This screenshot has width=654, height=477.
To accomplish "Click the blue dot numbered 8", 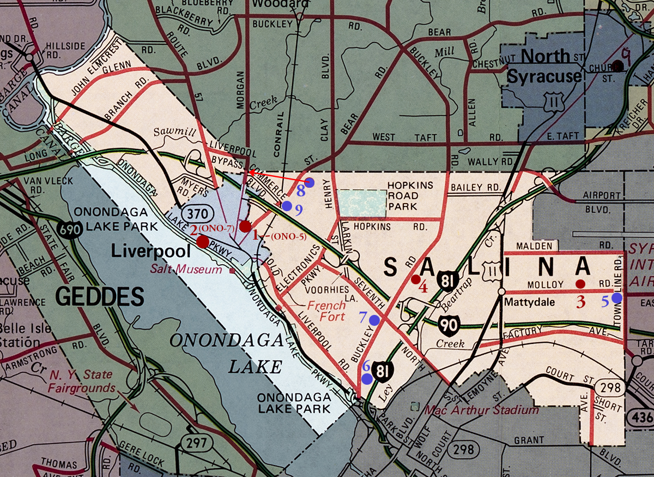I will coord(309,182).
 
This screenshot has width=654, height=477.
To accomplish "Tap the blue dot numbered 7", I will coord(374,320).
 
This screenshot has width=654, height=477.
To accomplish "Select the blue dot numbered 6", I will coord(367,378).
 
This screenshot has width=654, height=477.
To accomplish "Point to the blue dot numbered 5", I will coord(616,297).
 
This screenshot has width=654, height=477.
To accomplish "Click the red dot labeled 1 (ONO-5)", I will coord(245,226).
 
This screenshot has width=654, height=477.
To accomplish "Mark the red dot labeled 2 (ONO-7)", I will coord(202,242).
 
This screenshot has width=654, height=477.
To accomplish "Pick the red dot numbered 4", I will coord(415,279).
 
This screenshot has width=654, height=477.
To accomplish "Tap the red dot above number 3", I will coord(580,284).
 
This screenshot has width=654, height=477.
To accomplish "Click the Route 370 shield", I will coord(195,213).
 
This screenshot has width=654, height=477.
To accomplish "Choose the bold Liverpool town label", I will coord(150,252).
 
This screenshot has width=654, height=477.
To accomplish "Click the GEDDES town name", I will coord(100,297).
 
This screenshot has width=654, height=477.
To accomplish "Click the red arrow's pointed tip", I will coord(249,172).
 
